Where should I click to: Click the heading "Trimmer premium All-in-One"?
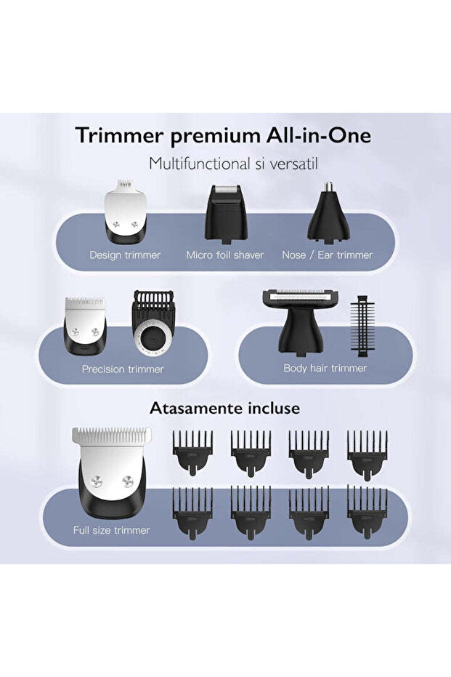(223, 136)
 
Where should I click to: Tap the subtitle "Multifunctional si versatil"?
(224, 163)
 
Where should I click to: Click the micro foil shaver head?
(224, 212)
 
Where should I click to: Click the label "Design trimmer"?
(125, 255)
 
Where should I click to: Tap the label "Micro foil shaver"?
(224, 255)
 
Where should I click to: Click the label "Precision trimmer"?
(123, 369)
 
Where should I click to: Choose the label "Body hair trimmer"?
(325, 368)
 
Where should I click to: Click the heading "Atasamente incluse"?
(224, 409)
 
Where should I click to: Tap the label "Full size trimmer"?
(111, 530)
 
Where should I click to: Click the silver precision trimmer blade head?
(86, 326)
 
